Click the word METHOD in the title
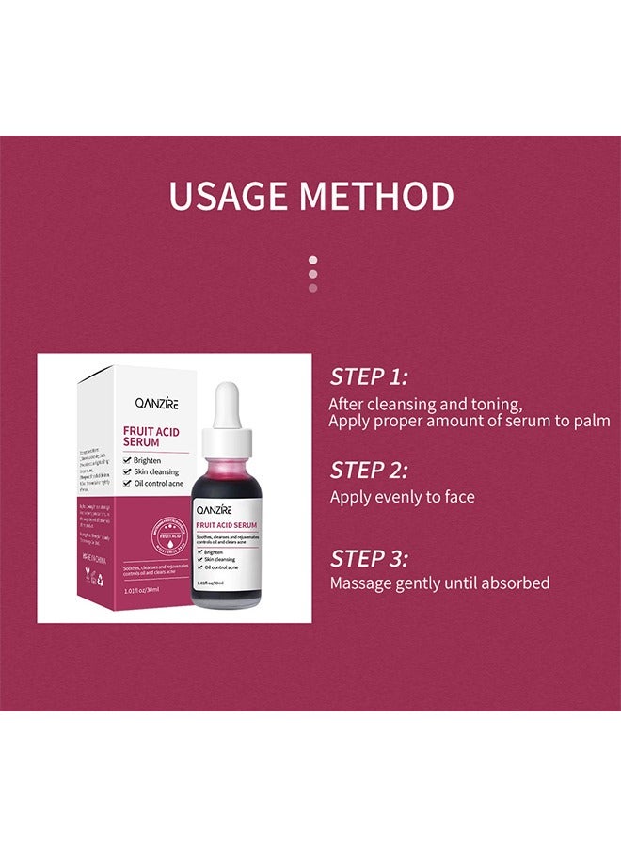click(x=376, y=197)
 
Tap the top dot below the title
click(x=313, y=260)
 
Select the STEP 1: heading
click(x=369, y=377)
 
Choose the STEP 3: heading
click(x=370, y=558)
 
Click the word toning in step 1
click(x=497, y=404)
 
